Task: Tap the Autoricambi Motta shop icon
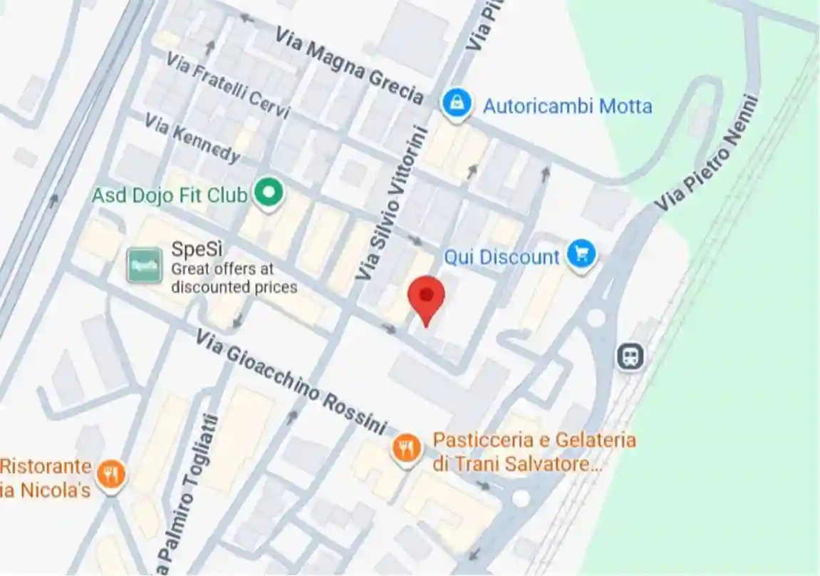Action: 456,104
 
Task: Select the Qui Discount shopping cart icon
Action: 581,254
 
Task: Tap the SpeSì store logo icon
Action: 144,265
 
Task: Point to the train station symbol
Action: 630,356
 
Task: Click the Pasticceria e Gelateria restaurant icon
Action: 406,448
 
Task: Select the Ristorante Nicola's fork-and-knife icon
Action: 112,474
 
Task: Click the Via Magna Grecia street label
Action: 349,66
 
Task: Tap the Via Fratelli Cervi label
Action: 229,86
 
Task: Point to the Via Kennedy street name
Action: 192,138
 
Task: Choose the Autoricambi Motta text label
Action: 567,107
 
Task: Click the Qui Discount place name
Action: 502,257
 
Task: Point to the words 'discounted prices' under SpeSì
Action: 234,287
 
